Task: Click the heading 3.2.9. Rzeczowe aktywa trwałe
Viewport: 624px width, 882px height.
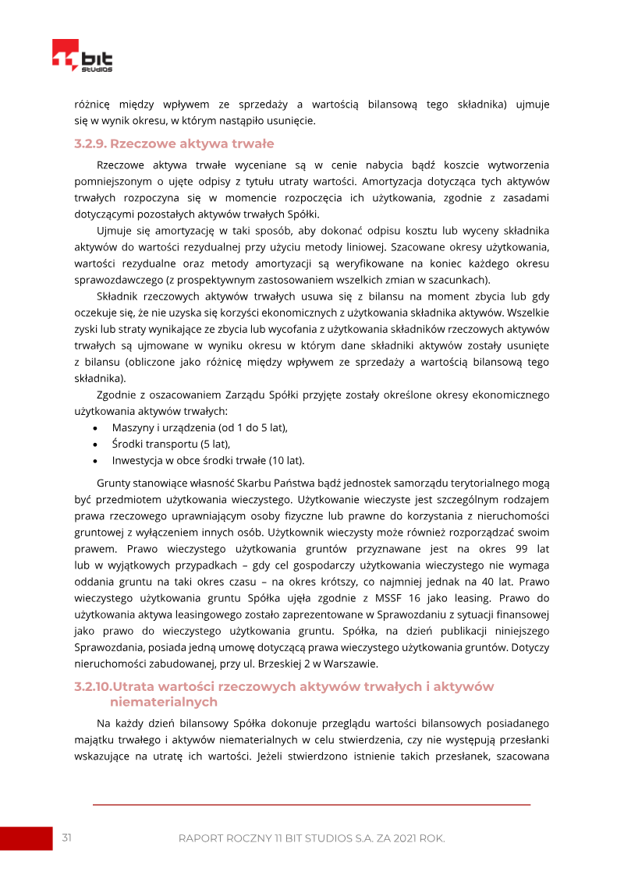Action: (x=174, y=144)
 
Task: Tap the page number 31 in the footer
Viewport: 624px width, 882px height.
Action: (x=67, y=838)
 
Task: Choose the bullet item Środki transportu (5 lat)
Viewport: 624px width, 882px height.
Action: (x=171, y=444)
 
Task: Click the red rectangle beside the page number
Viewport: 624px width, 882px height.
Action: (x=26, y=838)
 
